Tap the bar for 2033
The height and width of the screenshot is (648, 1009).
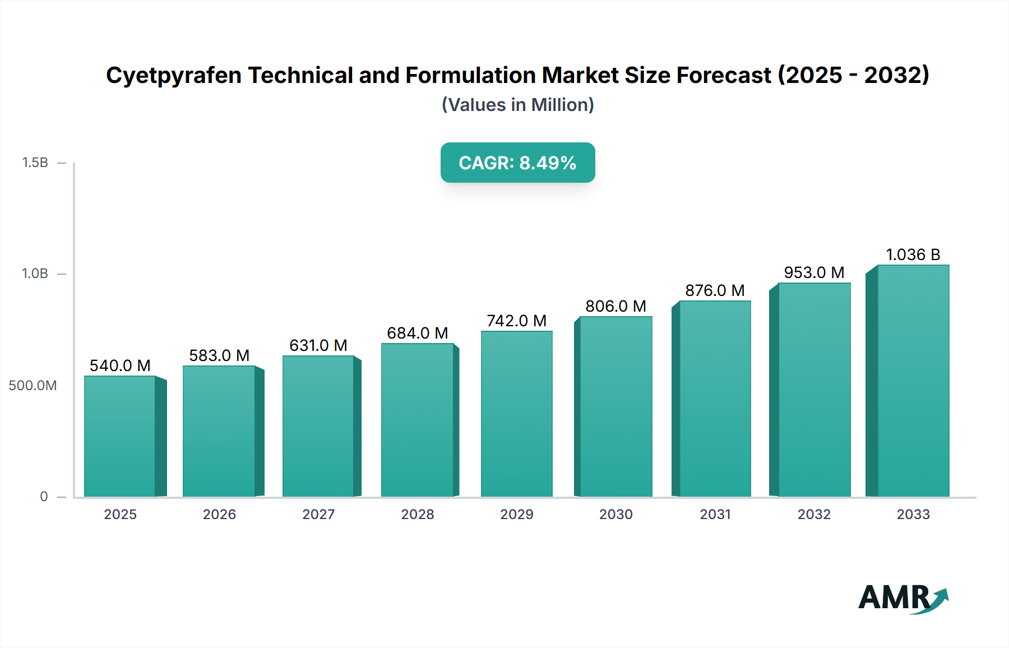pyautogui.click(x=913, y=381)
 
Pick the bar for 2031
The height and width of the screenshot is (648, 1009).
pyautogui.click(x=715, y=399)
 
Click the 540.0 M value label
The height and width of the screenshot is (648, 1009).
pyautogui.click(x=120, y=365)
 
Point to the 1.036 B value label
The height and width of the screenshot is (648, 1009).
pyautogui.click(x=913, y=254)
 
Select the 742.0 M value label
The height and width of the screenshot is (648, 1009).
pyautogui.click(x=516, y=321)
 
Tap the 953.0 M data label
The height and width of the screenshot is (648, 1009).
pyautogui.click(x=814, y=272)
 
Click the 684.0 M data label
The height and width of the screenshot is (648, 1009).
pyautogui.click(x=418, y=333)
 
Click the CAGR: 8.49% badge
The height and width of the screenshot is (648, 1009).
pyautogui.click(x=517, y=163)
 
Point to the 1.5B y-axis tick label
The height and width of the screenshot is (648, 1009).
pyautogui.click(x=35, y=163)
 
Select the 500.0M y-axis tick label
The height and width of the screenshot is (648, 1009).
pyautogui.click(x=33, y=386)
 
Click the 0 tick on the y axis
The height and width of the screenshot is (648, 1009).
pyautogui.click(x=44, y=497)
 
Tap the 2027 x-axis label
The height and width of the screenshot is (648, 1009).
pyautogui.click(x=318, y=514)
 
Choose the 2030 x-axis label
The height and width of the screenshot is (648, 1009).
pyautogui.click(x=615, y=514)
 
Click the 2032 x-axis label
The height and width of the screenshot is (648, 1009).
pyautogui.click(x=814, y=514)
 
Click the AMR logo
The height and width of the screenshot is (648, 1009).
pyautogui.click(x=902, y=598)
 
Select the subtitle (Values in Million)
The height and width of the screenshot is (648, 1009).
pyautogui.click(x=517, y=105)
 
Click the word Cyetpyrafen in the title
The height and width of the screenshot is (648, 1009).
pyautogui.click(x=174, y=75)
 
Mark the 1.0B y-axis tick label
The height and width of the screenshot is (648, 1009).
pyautogui.click(x=35, y=274)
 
